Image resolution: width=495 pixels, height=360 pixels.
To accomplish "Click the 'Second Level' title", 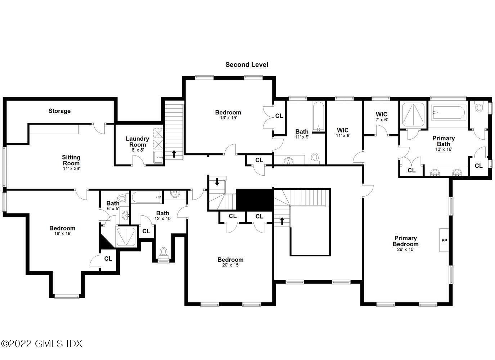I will (247, 65).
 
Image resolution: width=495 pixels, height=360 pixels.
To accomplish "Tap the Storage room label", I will (59, 111).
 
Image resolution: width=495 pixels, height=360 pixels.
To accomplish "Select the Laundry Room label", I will (137, 141).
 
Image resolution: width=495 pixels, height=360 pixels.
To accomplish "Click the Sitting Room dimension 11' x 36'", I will (71, 168).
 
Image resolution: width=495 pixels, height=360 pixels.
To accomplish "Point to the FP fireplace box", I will (444, 240).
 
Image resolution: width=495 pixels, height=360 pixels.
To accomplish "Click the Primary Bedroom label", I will (405, 241).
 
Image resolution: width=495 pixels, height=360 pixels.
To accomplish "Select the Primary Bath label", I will (443, 141).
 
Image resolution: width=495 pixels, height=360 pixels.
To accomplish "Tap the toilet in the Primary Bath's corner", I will (479, 107).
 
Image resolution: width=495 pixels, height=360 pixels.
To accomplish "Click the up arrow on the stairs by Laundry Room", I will (174, 154).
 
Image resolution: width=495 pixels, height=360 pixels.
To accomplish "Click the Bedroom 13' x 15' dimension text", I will (228, 118).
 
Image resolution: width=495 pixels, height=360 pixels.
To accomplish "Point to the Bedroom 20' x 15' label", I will (230, 260).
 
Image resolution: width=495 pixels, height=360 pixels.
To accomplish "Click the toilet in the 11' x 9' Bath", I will (315, 158).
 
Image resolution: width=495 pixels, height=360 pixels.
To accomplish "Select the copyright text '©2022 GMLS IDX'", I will (41, 343).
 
